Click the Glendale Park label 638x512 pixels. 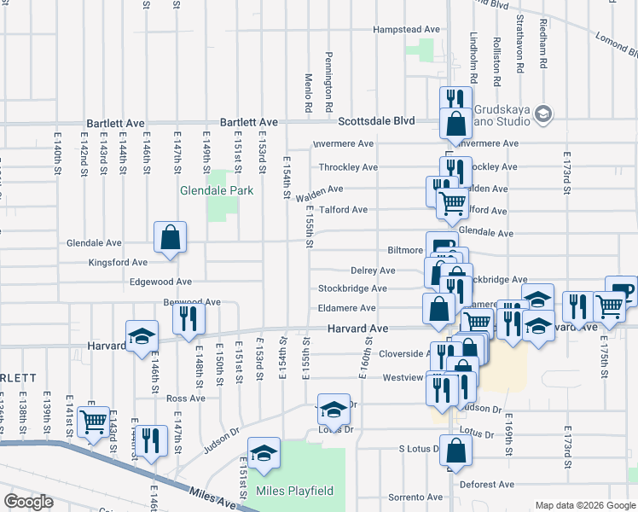pyautogui.click(x=217, y=191)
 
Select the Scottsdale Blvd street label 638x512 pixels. pyautogui.click(x=376, y=121)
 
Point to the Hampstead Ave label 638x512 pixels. pyautogui.click(x=407, y=29)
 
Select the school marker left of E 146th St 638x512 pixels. pyautogui.click(x=142, y=336)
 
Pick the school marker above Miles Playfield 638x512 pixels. pyautogui.click(x=264, y=453)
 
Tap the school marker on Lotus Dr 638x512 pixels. pyautogui.click(x=333, y=410)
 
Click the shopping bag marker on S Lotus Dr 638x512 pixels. pyautogui.click(x=456, y=452)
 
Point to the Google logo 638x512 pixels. pyautogui.click(x=29, y=502)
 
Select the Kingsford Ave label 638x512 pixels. pyautogui.click(x=118, y=262)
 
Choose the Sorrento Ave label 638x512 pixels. pyautogui.click(x=394, y=497)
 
